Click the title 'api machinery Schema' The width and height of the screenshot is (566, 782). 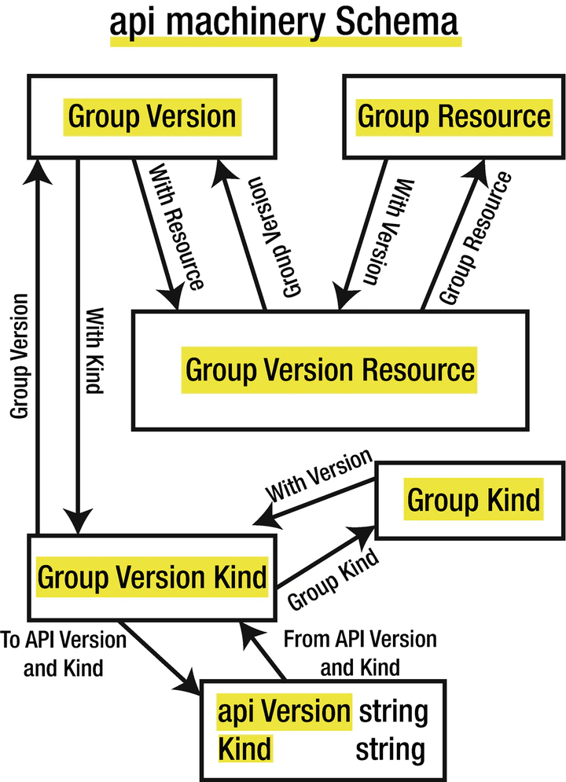coord(284,22)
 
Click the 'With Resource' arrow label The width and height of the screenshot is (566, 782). coord(176,227)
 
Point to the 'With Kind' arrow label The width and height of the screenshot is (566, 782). coord(95,351)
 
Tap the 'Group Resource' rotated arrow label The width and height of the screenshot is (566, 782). coord(476,237)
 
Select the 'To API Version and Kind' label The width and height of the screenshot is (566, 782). coord(64,654)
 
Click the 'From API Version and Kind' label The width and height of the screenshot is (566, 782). coord(360,653)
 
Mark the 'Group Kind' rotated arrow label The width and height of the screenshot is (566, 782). coord(333,579)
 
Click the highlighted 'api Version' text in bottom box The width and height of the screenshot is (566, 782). coord(284,711)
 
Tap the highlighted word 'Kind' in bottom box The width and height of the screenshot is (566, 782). coord(244,748)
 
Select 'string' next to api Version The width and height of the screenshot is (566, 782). coord(394,712)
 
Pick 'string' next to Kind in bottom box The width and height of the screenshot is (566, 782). coord(391,750)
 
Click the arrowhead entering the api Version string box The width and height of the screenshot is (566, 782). coord(189,683)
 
